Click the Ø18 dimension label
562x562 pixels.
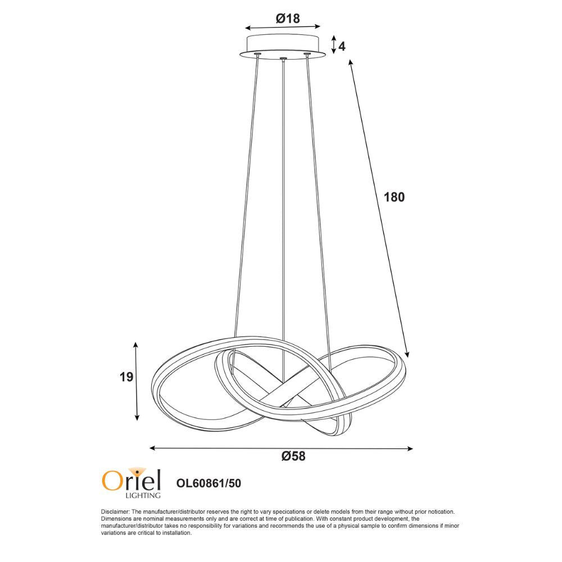click(288, 18)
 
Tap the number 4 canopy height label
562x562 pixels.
click(342, 46)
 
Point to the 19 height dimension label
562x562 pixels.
click(126, 377)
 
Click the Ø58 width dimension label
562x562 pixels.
click(293, 456)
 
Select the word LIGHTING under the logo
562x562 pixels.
click(142, 495)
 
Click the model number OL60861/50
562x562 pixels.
click(209, 482)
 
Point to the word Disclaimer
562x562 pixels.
click(115, 512)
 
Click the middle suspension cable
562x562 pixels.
click(284, 214)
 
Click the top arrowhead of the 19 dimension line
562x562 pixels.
click(136, 343)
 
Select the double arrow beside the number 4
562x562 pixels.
click(333, 44)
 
